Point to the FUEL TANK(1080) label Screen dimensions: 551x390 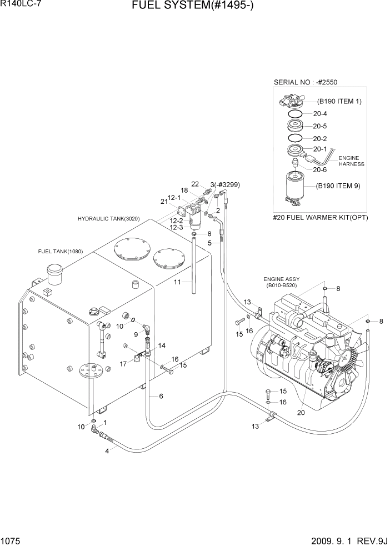(60, 252)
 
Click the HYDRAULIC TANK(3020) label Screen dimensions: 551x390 (109, 219)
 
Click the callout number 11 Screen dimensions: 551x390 (178, 282)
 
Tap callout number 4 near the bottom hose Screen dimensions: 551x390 (108, 450)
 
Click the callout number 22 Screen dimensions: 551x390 (195, 184)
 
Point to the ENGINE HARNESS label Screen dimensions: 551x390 (351, 161)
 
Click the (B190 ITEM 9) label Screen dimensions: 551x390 (338, 186)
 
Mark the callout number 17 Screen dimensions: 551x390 (123, 364)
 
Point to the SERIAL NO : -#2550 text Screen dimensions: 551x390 (306, 82)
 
